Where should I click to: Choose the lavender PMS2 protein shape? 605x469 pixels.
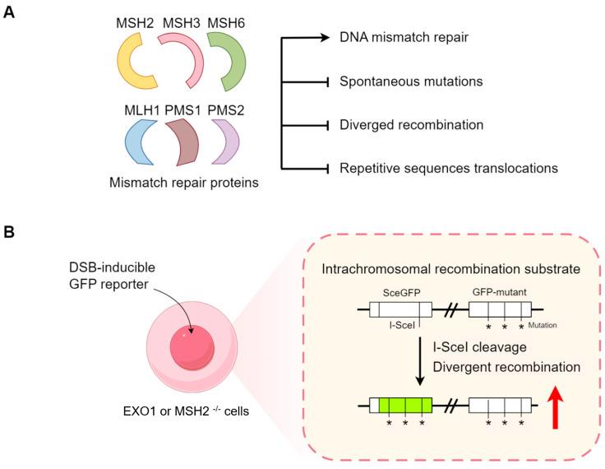tap(227, 139)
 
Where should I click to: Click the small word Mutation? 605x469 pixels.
tap(543, 326)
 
